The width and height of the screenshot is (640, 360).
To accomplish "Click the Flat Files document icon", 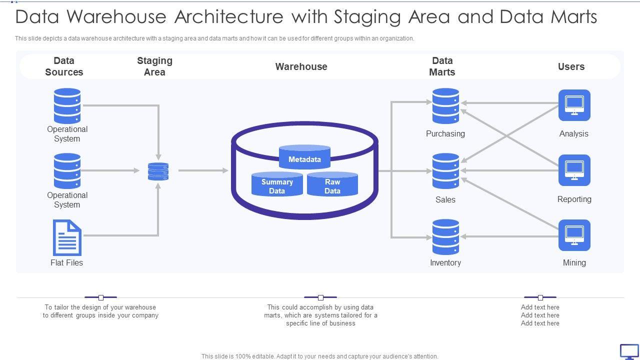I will pos(67,238).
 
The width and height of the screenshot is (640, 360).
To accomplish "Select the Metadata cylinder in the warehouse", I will pos(304,157).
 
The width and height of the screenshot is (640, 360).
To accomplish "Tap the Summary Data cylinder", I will pos(277,184).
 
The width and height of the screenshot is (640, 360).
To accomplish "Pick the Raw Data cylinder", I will pos(332,184).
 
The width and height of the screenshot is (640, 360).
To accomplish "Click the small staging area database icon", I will pos(158,171).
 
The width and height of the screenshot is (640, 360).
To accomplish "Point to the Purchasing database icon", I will pos(445,106).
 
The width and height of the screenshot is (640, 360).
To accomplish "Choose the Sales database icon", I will pos(445,171).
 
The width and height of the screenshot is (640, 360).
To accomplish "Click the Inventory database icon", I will pos(445,237).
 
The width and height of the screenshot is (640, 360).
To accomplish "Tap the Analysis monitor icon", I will pos(574,105).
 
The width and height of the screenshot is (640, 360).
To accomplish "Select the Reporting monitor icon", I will pos(574,170).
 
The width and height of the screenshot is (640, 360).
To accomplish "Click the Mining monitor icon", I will pos(574,235).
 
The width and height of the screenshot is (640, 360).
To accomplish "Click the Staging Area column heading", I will pos(154,66).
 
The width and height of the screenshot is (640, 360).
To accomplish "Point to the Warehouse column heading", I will pos(301,66).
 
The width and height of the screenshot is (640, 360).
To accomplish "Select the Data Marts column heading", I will pos(442,66).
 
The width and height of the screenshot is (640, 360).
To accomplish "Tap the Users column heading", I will pos(571,66).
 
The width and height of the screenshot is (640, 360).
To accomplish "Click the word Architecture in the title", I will pos(229,17).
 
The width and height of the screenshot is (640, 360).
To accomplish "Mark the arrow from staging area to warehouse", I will pos(203,171).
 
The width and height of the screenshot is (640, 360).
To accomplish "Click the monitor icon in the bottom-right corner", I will pos(629,351).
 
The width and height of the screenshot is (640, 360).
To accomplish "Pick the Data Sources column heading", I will pos(64,66).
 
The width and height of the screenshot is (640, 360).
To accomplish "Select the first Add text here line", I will pos(540,307).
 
